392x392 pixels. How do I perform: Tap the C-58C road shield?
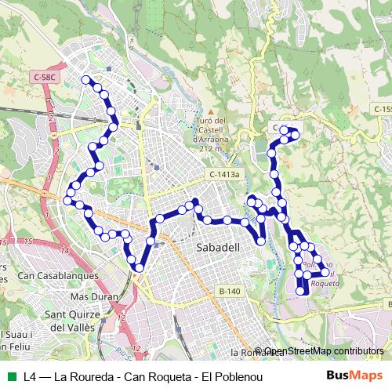point(45,77)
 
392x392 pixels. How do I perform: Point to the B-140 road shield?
point(229,292)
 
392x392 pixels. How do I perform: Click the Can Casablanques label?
point(58,276)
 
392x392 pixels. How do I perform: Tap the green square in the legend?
point(10,376)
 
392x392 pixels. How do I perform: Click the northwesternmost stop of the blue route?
point(86,79)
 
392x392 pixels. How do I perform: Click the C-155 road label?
point(382,109)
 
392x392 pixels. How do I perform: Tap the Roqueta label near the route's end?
point(325,283)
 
